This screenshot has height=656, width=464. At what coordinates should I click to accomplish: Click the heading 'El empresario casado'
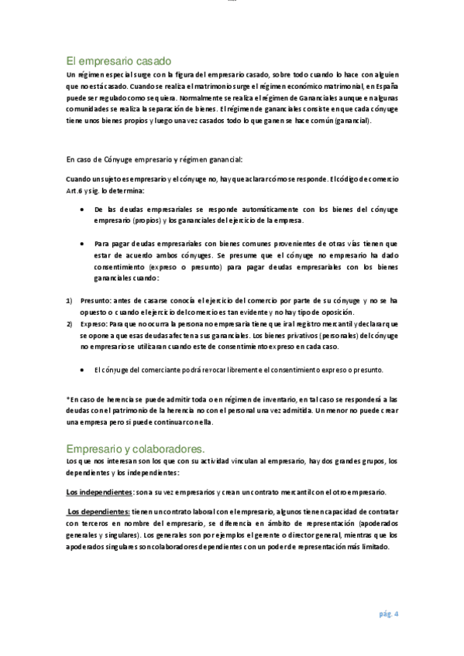(x=119, y=61)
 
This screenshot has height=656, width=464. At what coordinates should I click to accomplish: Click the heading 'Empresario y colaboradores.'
(x=136, y=448)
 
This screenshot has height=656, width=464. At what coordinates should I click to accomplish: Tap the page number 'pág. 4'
(x=388, y=614)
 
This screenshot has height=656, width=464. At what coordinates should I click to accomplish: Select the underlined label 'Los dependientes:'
(x=98, y=511)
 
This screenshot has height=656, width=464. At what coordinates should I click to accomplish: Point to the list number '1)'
(x=69, y=299)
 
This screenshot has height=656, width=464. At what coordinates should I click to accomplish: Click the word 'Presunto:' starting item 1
(x=96, y=299)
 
